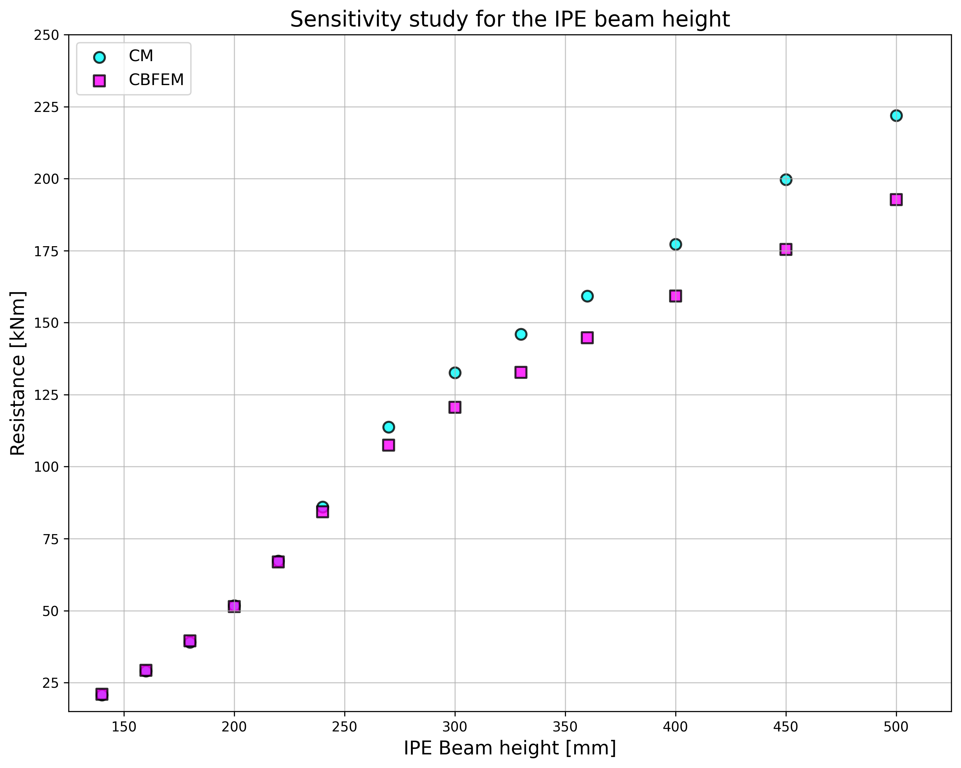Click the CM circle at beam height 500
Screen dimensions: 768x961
point(896,115)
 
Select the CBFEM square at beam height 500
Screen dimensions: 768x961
point(896,199)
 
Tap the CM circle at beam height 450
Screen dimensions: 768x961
point(786,180)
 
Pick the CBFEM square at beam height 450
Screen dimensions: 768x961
point(786,249)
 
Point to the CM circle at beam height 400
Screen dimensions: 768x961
point(675,244)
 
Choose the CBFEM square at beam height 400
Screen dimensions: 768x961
point(675,296)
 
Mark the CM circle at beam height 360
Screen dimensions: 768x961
point(587,296)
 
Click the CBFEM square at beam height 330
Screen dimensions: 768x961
point(521,372)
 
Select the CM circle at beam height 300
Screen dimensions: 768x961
point(455,373)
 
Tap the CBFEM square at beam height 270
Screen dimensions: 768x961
point(388,445)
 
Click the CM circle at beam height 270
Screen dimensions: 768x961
point(388,427)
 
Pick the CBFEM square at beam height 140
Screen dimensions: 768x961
point(102,694)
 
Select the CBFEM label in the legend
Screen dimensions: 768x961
point(156,80)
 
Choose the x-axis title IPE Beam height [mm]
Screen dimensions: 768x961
point(510,748)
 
